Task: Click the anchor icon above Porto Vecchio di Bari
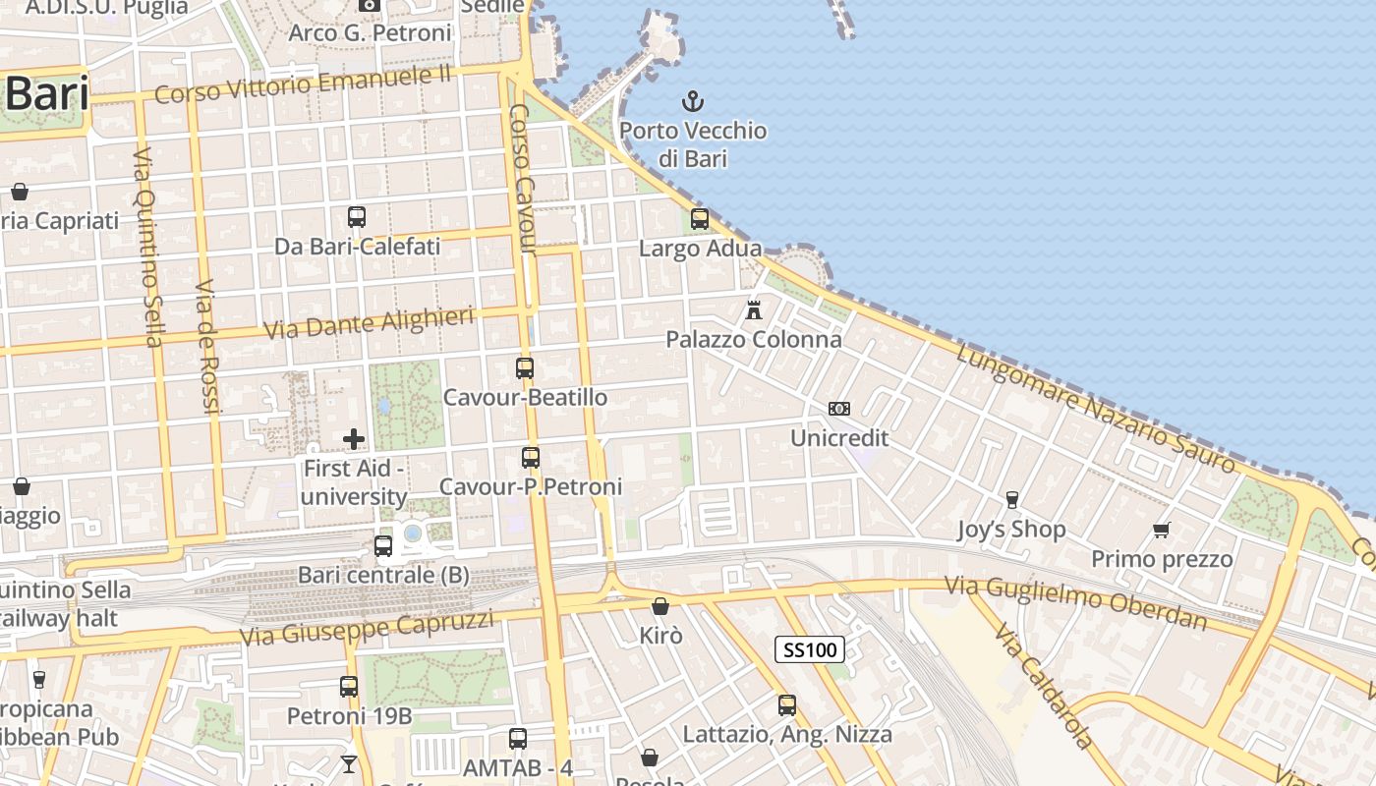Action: [x=693, y=100]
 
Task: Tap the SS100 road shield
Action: [x=810, y=649]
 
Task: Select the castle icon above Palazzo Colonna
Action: [x=754, y=309]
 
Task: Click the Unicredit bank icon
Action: [x=839, y=409]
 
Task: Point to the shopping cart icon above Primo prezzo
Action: [x=1162, y=530]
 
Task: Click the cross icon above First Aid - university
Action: [x=354, y=439]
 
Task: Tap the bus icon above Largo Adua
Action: [x=700, y=219]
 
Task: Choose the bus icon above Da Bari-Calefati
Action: [x=357, y=217]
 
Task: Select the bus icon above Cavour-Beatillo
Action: [x=525, y=368]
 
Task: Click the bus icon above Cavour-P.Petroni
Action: [x=531, y=457]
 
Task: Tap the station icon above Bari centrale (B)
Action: [x=383, y=545]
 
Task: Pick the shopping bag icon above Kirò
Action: [x=660, y=606]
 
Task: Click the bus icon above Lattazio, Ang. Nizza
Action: [x=787, y=704]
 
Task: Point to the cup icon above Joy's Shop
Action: [x=1011, y=500]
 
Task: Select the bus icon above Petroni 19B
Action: [x=349, y=687]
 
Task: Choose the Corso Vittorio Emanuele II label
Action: [x=303, y=84]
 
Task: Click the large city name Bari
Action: [x=47, y=94]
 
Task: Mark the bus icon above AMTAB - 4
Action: [x=518, y=738]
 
